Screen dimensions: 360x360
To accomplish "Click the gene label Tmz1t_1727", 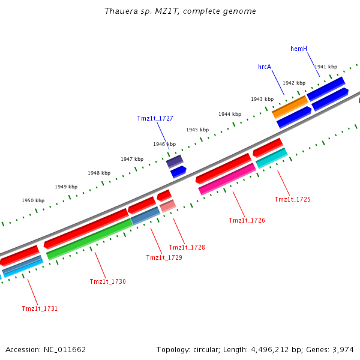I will [x=155, y=118].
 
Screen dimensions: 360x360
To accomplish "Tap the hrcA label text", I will [x=265, y=67].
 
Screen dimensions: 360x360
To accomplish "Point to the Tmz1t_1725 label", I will [x=292, y=199].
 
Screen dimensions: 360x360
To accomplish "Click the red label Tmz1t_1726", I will [x=247, y=220].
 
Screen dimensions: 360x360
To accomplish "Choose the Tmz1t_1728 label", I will [x=187, y=247].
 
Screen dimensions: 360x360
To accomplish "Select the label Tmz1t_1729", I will [x=164, y=257].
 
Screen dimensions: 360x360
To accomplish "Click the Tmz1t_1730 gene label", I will [x=107, y=281].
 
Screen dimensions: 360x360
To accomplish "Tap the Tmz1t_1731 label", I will [x=40, y=308].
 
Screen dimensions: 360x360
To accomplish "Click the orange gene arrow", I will [x=290, y=107].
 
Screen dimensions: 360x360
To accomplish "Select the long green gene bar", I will [x=89, y=239].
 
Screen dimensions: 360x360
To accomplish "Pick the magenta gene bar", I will [x=227, y=179].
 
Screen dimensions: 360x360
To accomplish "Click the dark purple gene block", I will [x=175, y=161].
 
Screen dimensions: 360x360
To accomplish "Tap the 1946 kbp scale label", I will [x=164, y=144].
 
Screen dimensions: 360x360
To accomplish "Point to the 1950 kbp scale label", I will [x=33, y=200].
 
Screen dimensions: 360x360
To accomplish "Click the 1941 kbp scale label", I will [x=326, y=67].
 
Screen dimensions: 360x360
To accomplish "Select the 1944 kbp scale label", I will [x=230, y=114].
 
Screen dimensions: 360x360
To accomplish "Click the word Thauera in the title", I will [x=118, y=11].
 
